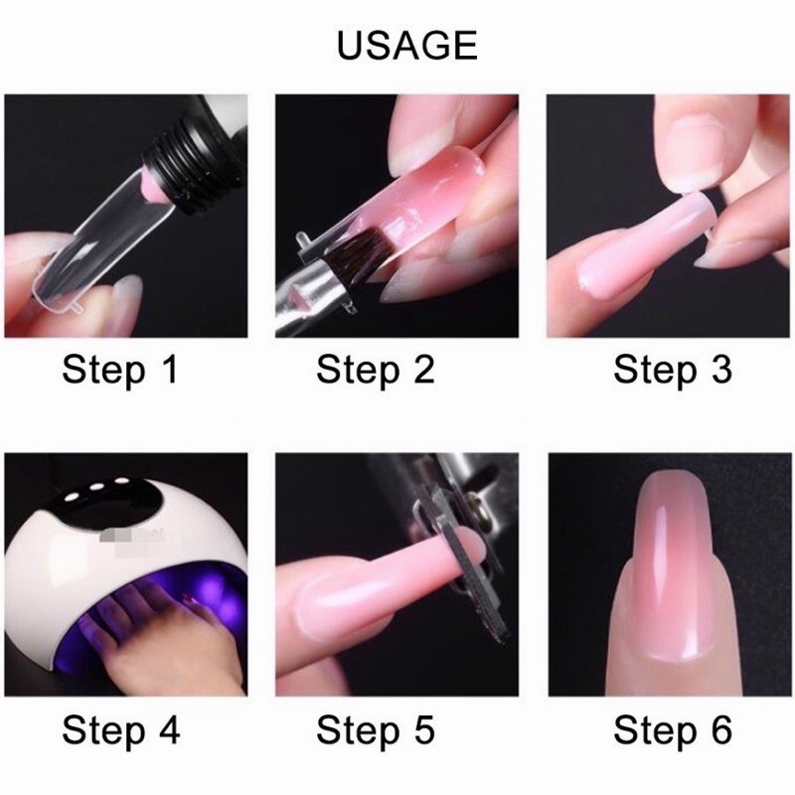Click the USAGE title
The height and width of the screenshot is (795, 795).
(406, 45)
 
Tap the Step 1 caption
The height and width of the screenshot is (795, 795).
(120, 369)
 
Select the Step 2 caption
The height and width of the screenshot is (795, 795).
(376, 369)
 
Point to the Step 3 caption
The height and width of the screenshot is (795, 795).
(673, 369)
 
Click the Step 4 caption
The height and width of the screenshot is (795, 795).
(121, 730)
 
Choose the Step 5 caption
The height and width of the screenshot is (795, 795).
(376, 730)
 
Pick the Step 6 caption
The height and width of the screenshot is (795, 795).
(673, 730)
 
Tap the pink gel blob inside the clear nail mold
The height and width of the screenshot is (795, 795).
(151, 187)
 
